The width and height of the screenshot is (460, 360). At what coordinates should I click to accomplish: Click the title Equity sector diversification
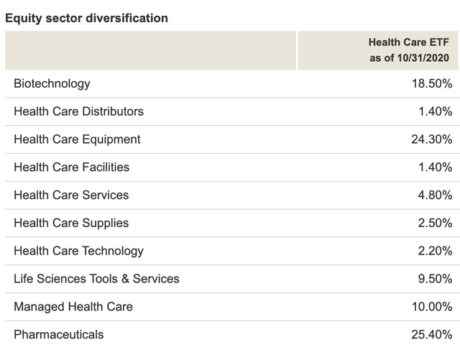(x=86, y=18)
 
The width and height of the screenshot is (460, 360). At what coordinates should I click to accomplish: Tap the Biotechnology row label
(x=52, y=83)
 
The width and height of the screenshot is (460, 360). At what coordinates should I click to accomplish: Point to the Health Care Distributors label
(x=78, y=111)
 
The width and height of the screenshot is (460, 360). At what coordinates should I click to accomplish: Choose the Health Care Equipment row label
(x=77, y=139)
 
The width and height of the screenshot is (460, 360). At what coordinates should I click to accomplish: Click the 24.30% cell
(x=430, y=139)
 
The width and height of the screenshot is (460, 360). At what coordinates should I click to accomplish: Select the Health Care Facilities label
(x=71, y=167)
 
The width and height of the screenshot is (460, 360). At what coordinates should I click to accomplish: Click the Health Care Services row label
(x=71, y=195)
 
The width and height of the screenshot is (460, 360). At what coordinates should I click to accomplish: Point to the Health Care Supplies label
(x=71, y=223)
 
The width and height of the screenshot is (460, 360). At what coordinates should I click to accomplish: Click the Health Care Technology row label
(x=78, y=251)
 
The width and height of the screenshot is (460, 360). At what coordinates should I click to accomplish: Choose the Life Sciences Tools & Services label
(x=96, y=279)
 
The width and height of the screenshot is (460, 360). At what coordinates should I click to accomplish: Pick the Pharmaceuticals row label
(x=58, y=335)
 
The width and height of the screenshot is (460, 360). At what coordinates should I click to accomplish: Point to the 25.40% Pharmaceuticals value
(x=430, y=335)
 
